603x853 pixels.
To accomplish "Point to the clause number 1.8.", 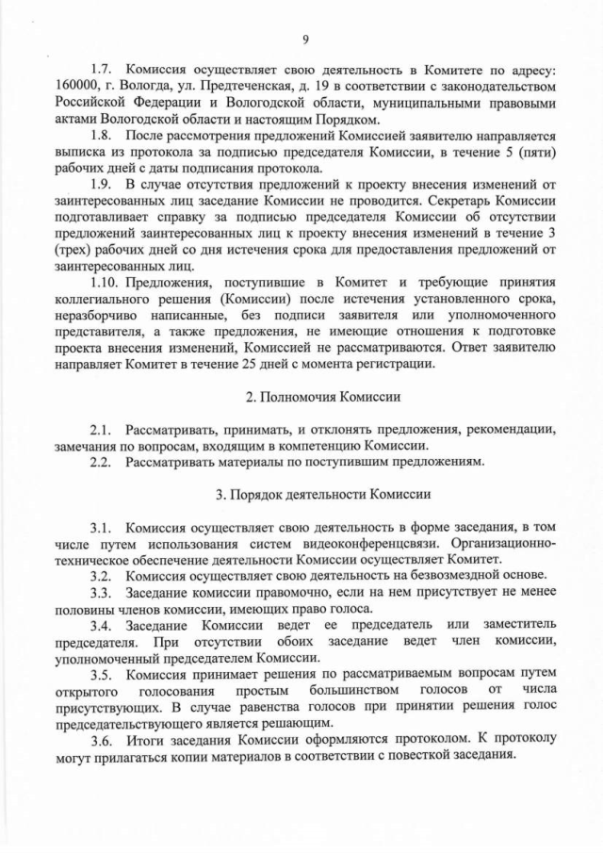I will [102, 136].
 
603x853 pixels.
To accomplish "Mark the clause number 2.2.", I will [102, 462].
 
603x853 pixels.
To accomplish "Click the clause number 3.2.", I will [102, 575].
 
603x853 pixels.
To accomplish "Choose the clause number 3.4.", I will [102, 625].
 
